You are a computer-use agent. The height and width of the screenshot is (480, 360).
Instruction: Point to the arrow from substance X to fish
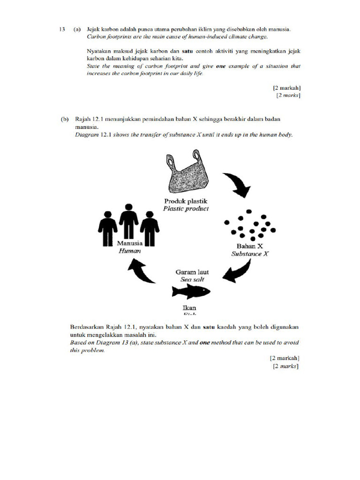237,271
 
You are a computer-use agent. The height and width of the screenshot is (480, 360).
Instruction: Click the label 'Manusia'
129,244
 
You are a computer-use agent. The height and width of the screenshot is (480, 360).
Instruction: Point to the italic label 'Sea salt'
192,279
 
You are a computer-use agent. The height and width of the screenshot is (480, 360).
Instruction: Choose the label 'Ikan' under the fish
187,308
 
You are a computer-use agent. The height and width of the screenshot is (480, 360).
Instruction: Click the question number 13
61,30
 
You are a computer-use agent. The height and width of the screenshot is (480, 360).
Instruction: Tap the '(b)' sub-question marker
64,120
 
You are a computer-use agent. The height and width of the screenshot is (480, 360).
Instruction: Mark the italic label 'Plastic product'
186,209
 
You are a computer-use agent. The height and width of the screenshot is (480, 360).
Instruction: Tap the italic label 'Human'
129,251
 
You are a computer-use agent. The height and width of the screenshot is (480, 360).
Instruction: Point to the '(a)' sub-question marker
76,30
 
